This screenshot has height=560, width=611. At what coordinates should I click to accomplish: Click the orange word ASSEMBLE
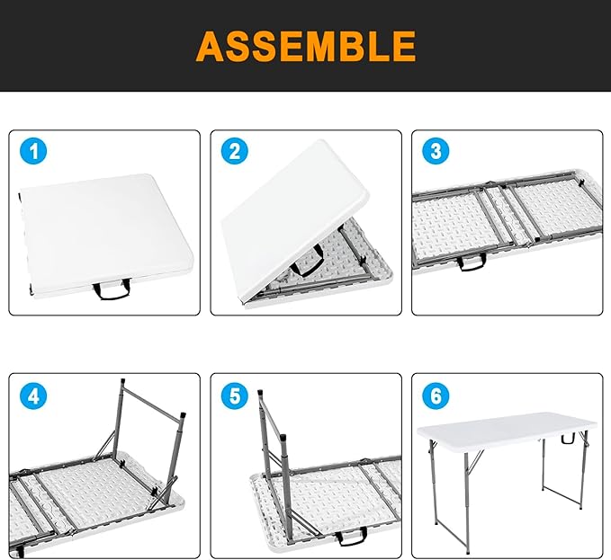(x=306, y=45)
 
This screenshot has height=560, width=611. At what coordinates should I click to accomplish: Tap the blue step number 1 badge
(x=33, y=152)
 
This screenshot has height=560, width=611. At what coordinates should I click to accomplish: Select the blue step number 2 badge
(x=235, y=152)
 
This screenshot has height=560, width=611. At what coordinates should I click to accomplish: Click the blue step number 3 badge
(x=436, y=152)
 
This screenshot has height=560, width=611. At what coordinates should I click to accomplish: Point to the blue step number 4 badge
(x=33, y=395)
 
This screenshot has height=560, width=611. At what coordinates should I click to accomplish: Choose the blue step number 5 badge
(x=235, y=395)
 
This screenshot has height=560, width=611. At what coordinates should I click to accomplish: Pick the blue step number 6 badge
(x=436, y=395)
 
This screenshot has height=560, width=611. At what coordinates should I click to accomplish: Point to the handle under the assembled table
(x=567, y=440)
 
